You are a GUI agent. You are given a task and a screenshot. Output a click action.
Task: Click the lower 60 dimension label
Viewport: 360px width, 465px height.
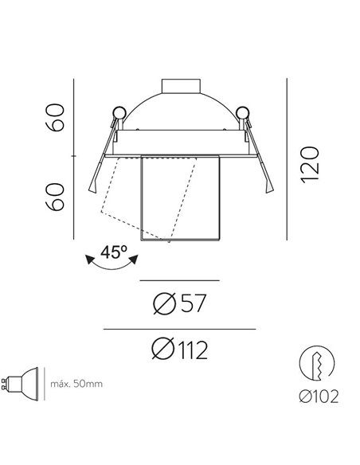(54, 195)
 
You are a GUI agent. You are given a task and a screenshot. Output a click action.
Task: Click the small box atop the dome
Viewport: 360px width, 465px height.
(180, 84)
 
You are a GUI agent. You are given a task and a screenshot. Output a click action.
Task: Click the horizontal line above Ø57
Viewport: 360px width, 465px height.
(179, 280)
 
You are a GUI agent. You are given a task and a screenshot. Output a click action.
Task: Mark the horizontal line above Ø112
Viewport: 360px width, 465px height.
(180, 329)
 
